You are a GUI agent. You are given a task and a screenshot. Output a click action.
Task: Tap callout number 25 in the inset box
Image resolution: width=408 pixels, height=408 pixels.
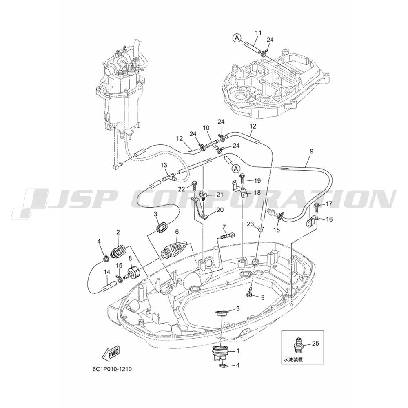315,344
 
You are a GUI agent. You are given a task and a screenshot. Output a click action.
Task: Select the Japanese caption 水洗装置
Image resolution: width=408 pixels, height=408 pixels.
293,360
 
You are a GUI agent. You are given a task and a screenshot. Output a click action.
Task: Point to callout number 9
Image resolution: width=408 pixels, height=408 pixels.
312,151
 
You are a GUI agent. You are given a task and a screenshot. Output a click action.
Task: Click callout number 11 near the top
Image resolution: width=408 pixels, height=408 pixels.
258,33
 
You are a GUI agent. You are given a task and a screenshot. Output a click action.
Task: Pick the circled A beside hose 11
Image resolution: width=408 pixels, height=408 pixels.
237,38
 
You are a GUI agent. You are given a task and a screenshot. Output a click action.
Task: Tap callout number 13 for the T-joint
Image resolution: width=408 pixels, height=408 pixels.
164,165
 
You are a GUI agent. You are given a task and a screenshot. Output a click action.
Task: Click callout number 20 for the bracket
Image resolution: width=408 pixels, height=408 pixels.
220,210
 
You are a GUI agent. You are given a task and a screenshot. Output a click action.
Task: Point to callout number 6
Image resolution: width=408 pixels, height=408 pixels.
177,231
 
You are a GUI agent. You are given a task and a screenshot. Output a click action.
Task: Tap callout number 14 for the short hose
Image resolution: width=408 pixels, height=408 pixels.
107,272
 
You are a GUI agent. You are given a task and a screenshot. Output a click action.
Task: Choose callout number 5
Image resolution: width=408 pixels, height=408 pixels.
262,298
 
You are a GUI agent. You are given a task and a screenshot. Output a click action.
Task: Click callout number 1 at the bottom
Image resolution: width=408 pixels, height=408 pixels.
237,351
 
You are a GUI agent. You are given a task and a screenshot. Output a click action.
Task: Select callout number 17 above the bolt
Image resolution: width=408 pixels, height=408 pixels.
329,204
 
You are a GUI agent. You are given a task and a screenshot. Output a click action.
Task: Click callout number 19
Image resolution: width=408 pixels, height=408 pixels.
257,180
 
